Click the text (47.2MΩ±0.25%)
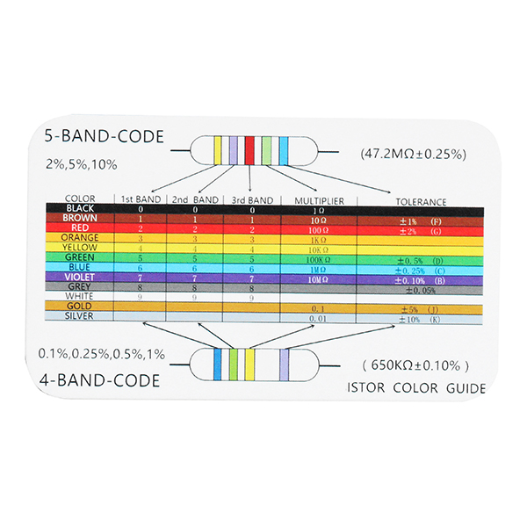pyautogui.click(x=413, y=153)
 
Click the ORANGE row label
pyautogui.click(x=80, y=237)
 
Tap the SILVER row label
pyautogui.click(x=80, y=316)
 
